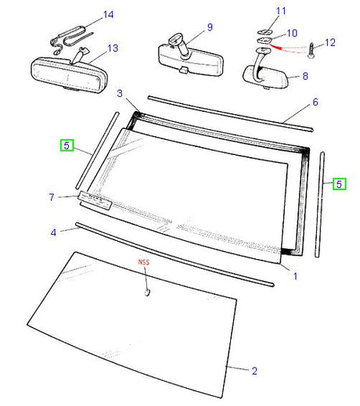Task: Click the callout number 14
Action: (x=108, y=14)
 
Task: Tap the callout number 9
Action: (x=210, y=27)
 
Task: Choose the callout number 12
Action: (x=329, y=41)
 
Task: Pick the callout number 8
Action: (x=304, y=77)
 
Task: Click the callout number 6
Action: (x=315, y=102)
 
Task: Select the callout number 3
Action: (x=120, y=93)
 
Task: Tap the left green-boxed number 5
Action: (x=67, y=145)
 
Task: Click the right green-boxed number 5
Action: (x=340, y=185)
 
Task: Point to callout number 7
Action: (x=52, y=196)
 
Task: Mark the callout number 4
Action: (x=53, y=232)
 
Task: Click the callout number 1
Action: (x=295, y=276)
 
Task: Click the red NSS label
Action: (x=145, y=263)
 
